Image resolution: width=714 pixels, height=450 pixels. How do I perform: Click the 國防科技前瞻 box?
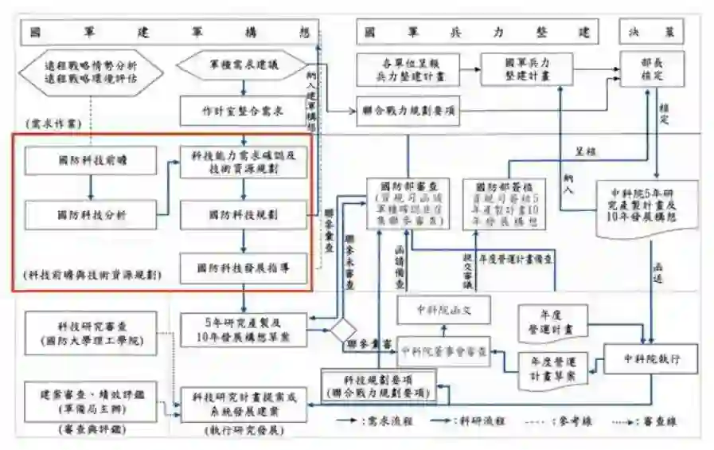[x=91, y=161]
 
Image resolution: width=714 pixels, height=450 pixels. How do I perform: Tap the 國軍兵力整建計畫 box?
[x=527, y=68]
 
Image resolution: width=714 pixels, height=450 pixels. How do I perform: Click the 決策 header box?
[x=650, y=33]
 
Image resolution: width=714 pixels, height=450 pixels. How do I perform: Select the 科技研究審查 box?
[x=91, y=332]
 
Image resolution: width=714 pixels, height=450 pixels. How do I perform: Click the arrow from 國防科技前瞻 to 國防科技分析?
[x=91, y=187]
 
